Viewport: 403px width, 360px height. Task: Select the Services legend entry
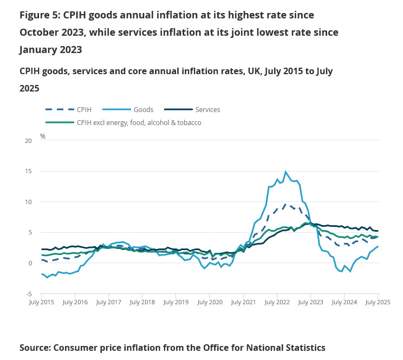[207, 109]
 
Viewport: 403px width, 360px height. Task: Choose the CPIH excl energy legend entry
[139, 123]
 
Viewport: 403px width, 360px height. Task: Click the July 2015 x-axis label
[41, 302]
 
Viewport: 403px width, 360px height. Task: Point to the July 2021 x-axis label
[243, 302]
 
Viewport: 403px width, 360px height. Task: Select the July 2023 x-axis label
[310, 302]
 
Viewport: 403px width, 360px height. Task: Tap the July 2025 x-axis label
[378, 302]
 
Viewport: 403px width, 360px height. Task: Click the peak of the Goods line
[285, 172]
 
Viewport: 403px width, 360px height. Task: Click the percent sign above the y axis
[43, 136]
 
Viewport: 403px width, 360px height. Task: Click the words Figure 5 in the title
[40, 15]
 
